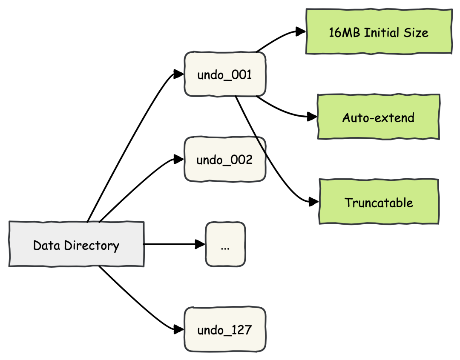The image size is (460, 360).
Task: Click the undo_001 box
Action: [225, 74]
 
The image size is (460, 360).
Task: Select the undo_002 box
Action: [225, 160]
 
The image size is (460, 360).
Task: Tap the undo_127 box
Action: [225, 330]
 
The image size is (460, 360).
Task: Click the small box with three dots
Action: [225, 245]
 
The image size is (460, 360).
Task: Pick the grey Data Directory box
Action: [76, 245]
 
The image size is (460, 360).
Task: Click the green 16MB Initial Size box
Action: [379, 32]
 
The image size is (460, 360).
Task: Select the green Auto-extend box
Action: [378, 117]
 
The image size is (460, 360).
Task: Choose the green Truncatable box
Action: [379, 202]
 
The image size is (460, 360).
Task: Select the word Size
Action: [417, 33]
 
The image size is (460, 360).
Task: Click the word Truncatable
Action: [379, 203]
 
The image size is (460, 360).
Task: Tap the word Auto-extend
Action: [378, 117]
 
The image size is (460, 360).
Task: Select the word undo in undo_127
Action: [210, 330]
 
